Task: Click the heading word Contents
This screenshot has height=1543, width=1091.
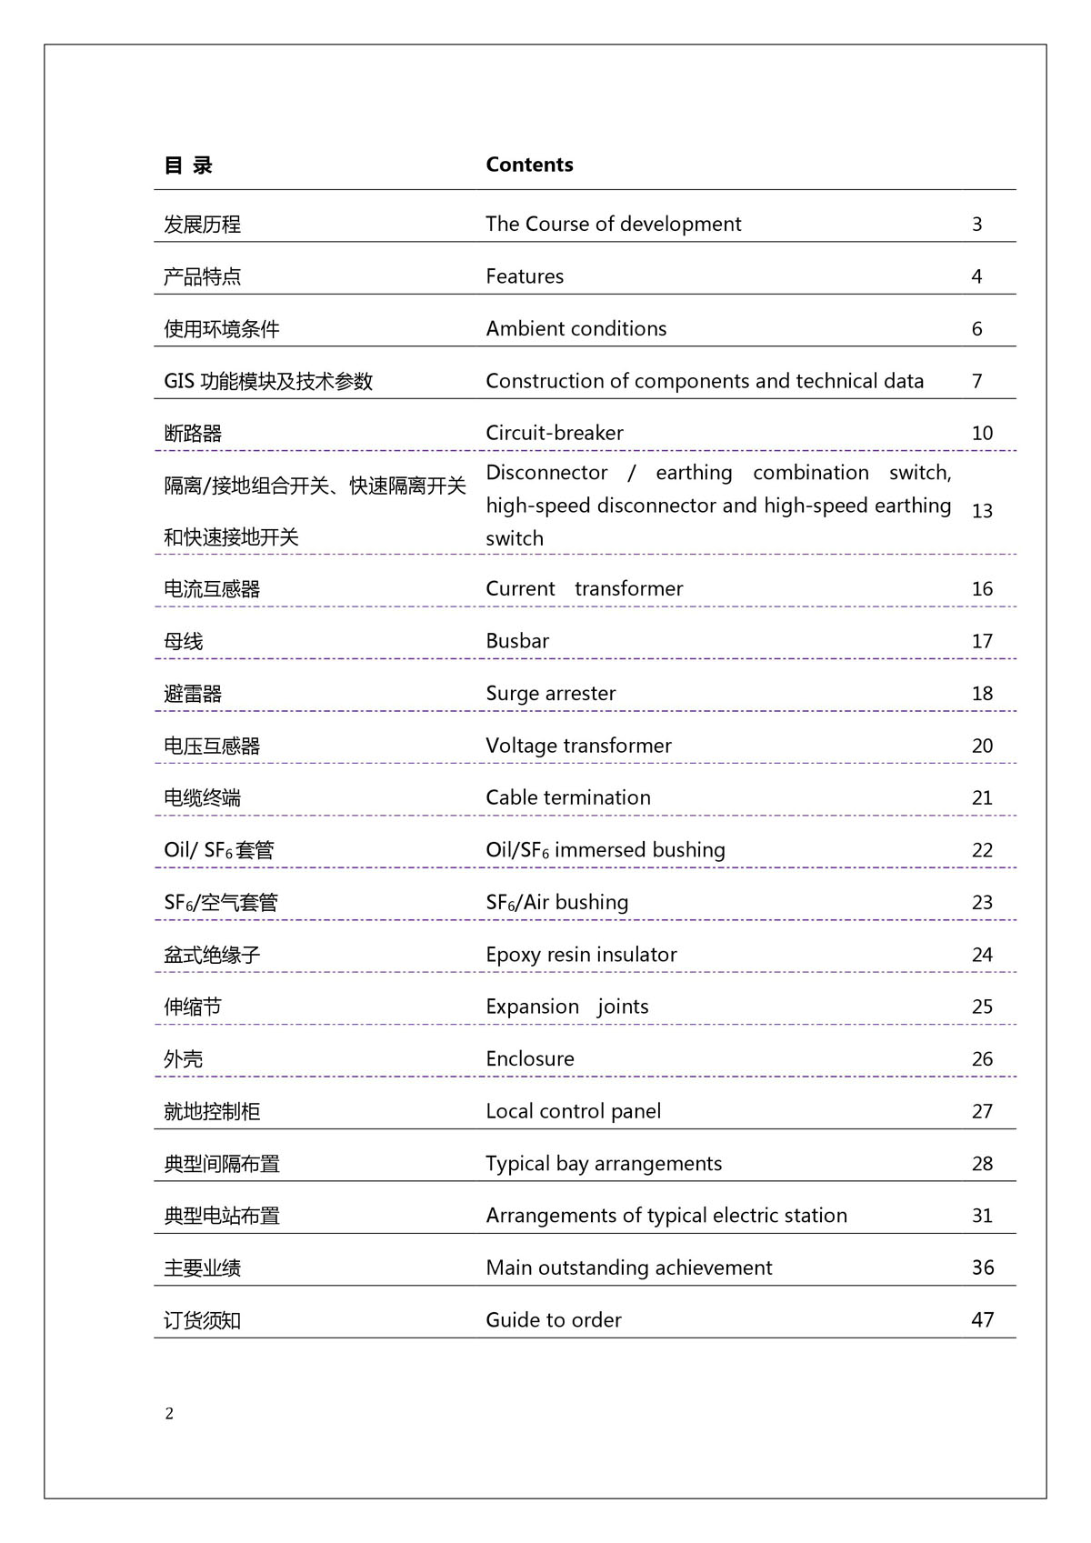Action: pos(529,165)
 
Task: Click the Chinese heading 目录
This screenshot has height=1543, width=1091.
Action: pos(188,165)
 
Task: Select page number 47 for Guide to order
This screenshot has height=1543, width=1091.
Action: pos(982,1319)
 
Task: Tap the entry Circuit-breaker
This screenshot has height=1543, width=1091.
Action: pos(555,433)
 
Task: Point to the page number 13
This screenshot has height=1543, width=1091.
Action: pos(982,511)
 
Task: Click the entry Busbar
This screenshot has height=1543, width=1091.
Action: pos(517,641)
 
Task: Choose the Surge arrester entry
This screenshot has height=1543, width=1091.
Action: pos(550,694)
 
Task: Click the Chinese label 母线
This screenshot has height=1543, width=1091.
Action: pos(184,642)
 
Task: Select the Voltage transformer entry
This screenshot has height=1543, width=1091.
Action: pos(578,746)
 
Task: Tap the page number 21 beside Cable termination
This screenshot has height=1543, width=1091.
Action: pos(982,798)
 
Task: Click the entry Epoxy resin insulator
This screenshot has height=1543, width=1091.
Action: pos(581,955)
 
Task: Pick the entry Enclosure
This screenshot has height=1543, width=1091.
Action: pos(530,1059)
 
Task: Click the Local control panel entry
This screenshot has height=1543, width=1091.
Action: pos(573,1111)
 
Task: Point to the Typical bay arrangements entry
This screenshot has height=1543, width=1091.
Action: pos(604,1164)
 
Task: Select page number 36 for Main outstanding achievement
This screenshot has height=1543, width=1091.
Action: pos(982,1267)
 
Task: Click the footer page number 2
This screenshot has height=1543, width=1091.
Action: pos(169,1413)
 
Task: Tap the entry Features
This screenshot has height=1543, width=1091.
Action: pos(525,276)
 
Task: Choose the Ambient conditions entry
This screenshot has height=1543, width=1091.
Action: pos(576,329)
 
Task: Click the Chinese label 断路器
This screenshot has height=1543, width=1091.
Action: pos(193,434)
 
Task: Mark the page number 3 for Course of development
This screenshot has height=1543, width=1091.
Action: pos(976,225)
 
